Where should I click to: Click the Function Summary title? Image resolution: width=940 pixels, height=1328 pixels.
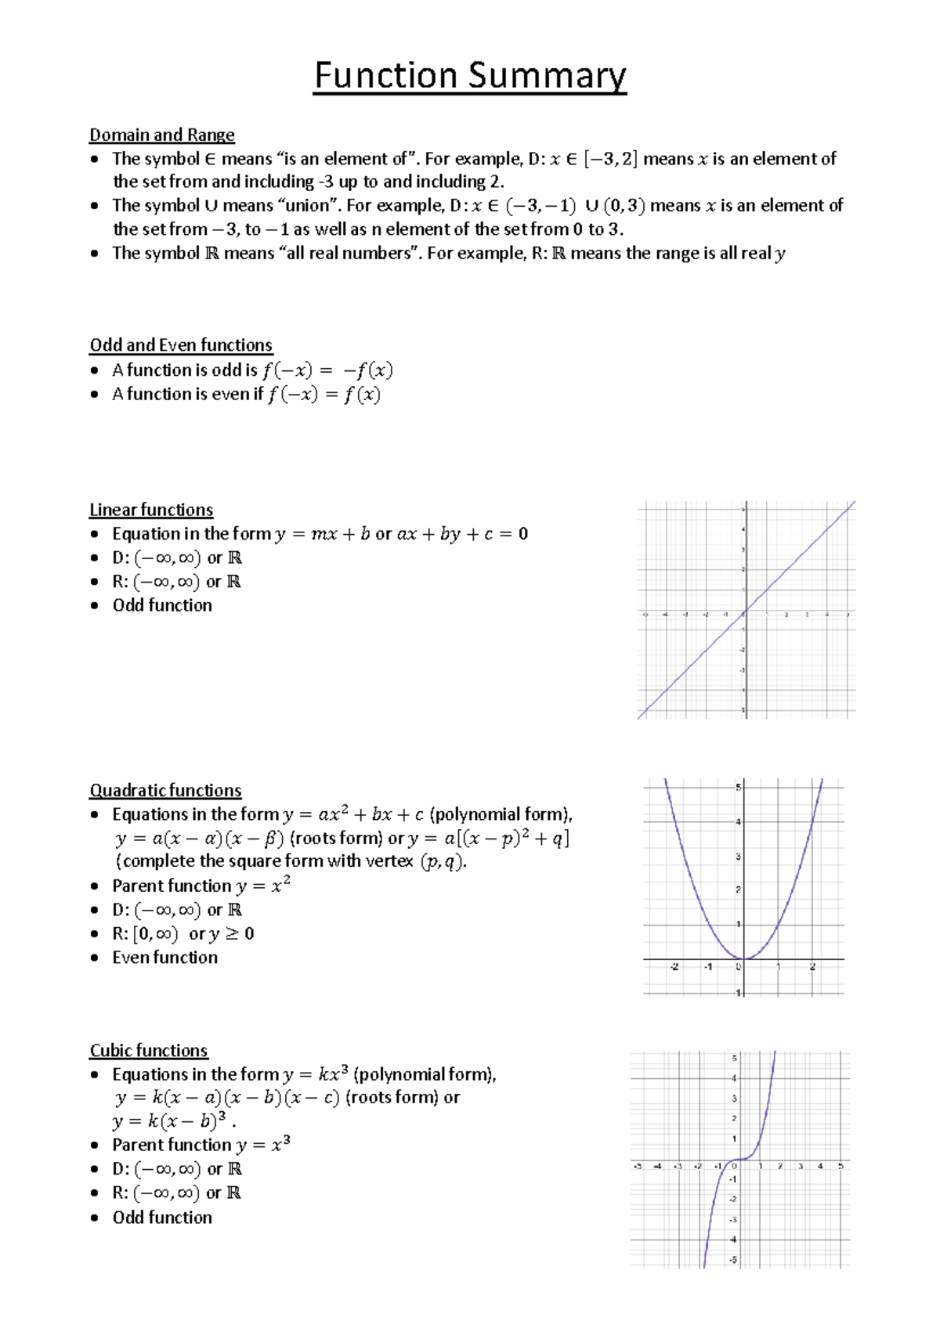click(470, 76)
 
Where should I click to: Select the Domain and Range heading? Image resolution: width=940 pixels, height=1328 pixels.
click(161, 135)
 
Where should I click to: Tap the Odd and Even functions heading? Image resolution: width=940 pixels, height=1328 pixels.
click(181, 345)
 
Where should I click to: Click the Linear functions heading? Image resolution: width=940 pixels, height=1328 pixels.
click(151, 510)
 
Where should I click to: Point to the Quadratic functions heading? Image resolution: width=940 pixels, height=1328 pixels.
click(165, 790)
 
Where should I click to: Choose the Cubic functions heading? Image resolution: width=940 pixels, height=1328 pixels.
click(149, 1050)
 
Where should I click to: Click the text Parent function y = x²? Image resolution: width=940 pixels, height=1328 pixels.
click(201, 886)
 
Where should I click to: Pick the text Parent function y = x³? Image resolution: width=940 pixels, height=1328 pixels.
click(201, 1145)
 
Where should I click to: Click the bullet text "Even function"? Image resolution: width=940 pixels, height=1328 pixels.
click(164, 957)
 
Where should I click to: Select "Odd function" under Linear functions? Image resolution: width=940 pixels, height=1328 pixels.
click(162, 605)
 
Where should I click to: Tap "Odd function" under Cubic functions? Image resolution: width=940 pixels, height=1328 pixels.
click(162, 1217)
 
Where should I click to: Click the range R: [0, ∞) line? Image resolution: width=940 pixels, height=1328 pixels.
click(183, 933)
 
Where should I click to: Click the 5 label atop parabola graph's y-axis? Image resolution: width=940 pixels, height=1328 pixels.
click(737, 787)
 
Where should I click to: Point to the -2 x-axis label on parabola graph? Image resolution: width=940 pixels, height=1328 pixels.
click(674, 967)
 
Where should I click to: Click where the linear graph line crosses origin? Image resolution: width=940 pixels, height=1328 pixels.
click(746, 611)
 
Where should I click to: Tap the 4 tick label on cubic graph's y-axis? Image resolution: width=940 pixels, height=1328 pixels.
click(734, 1079)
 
